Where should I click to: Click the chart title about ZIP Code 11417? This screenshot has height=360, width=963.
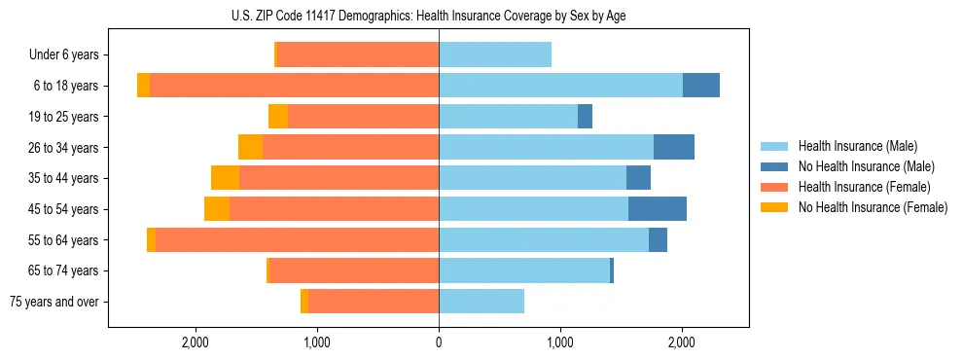point(481,16)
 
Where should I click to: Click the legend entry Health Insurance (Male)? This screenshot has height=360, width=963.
point(858,146)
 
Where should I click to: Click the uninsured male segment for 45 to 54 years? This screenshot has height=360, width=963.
point(658,208)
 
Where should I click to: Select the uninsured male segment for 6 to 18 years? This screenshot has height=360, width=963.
point(701,86)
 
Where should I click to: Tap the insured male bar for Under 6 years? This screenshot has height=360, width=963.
point(495,54)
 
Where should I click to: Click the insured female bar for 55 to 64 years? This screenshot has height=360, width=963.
point(297,239)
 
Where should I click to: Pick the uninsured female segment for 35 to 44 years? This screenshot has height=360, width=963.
point(225,178)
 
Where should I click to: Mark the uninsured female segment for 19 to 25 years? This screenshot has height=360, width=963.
point(278,117)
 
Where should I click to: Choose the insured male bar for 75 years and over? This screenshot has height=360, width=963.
point(481,302)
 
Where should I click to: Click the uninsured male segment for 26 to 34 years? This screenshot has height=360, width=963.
point(674,147)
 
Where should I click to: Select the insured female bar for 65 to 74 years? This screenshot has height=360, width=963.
point(354,270)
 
